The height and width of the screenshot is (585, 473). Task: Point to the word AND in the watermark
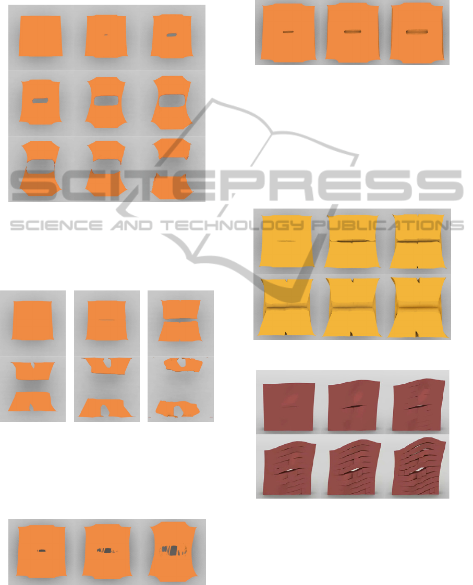point(131,225)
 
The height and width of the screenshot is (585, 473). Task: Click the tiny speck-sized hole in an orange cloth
point(106,35)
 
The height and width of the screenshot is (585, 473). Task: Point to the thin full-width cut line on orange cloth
point(107,320)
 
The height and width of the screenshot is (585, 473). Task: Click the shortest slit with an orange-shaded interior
point(288,32)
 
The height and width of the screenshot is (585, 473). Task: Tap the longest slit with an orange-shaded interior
point(416,32)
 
